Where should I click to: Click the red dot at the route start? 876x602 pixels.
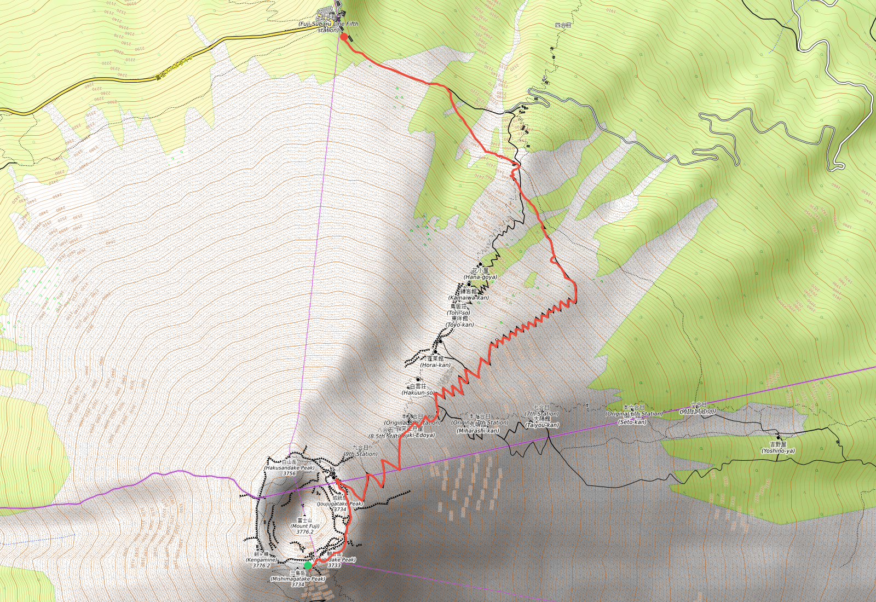click(x=344, y=37)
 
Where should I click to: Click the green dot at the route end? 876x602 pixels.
click(x=308, y=565)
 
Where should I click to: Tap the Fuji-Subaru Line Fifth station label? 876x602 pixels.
click(x=328, y=24)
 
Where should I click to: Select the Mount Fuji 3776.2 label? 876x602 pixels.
click(x=305, y=526)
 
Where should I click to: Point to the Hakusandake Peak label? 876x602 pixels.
click(x=290, y=468)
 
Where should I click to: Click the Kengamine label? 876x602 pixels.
click(x=261, y=560)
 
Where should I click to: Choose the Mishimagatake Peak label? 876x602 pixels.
click(x=298, y=578)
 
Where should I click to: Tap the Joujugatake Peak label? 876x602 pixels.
click(x=340, y=503)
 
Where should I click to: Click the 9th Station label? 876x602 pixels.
click(x=361, y=454)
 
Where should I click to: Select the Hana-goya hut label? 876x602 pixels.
click(x=481, y=277)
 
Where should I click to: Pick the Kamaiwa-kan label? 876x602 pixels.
click(x=469, y=298)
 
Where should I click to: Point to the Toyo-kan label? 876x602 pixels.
click(x=460, y=325)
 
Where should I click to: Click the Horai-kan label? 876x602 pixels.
click(x=436, y=364)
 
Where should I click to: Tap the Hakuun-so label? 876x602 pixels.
click(x=418, y=392)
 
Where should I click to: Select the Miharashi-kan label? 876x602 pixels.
click(x=478, y=431)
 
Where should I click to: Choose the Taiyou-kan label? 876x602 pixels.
click(x=542, y=425)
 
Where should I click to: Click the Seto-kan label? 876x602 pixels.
click(x=632, y=422)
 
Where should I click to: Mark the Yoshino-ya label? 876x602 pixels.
click(x=778, y=451)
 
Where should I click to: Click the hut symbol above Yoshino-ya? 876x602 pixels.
click(x=778, y=438)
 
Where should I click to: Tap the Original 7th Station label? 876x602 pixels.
click(x=480, y=422)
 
